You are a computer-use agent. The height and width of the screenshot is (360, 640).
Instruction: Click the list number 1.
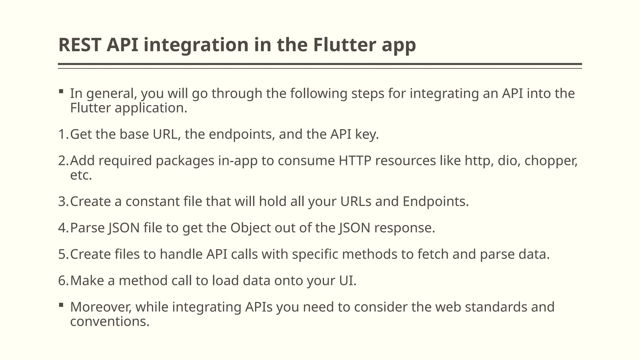tap(62, 134)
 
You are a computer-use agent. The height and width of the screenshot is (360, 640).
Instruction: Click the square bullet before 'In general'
tap(61, 92)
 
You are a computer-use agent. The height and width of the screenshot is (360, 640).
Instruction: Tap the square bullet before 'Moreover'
tap(61, 305)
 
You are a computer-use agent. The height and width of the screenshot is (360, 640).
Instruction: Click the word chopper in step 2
tap(551, 161)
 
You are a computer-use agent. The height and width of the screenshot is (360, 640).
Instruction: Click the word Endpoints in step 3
tap(435, 202)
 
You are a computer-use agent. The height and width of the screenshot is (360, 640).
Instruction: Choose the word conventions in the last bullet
tap(110, 322)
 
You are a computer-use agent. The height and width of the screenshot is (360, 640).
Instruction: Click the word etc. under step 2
tap(81, 175)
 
